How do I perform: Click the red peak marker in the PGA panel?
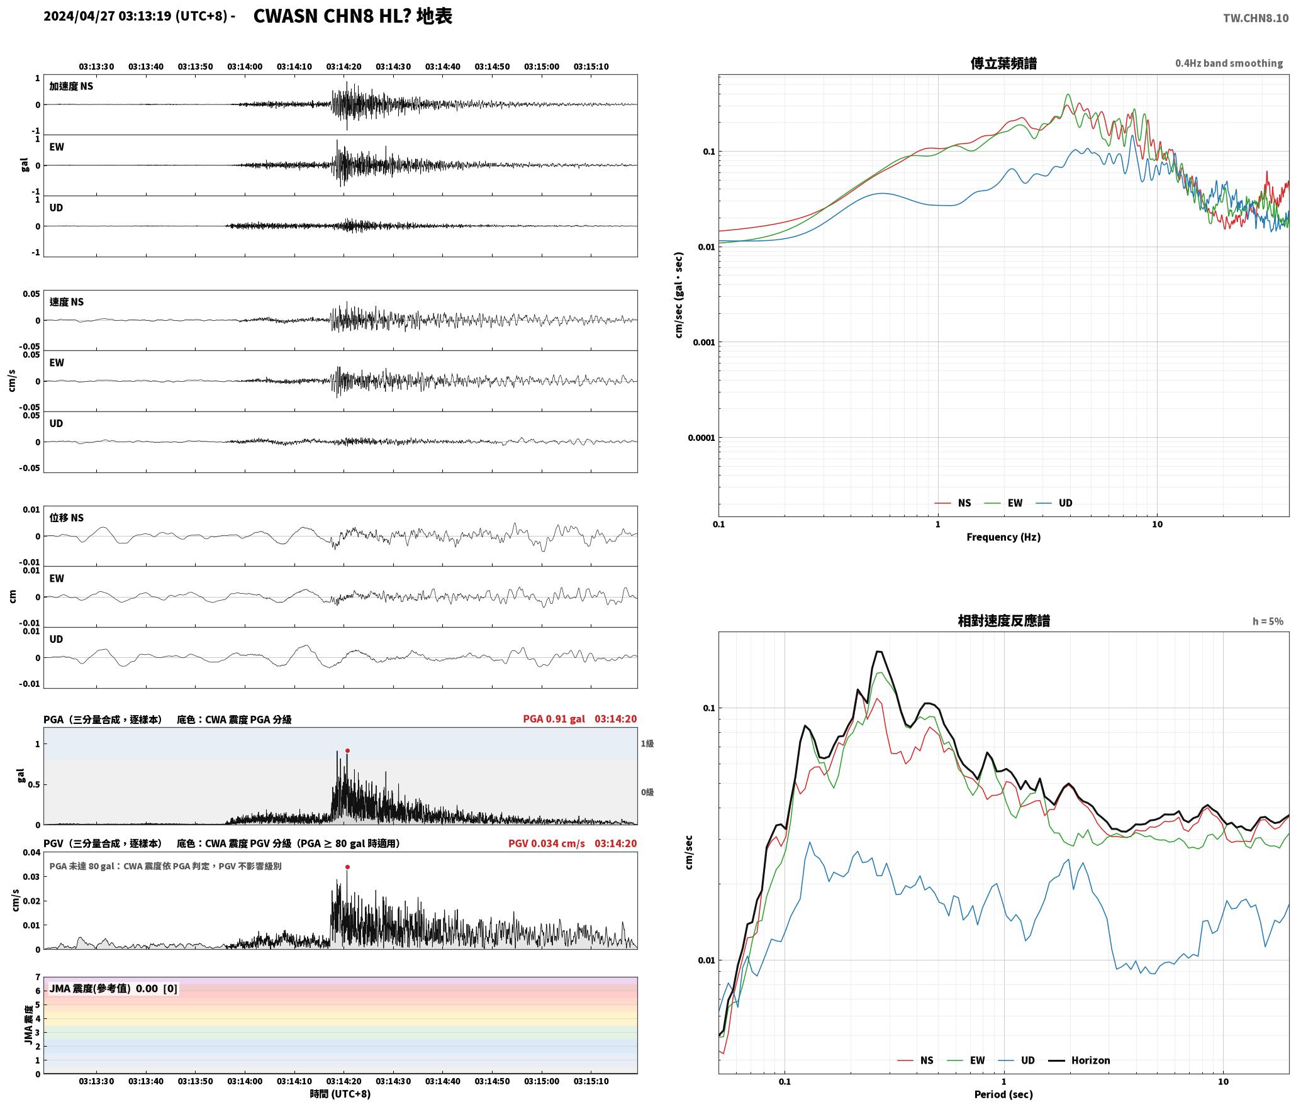click(x=347, y=750)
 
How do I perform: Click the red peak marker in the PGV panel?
click(x=347, y=867)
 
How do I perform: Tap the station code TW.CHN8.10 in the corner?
click(x=1256, y=18)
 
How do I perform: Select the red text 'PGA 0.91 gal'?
click(x=554, y=718)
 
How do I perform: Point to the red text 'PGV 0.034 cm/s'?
click(x=546, y=843)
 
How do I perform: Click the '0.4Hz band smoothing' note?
click(x=1229, y=63)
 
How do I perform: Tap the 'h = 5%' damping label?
click(x=1268, y=621)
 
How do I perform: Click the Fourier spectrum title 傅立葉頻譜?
click(x=1003, y=63)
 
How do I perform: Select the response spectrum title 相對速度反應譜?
click(x=1003, y=620)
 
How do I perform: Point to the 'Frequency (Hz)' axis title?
click(x=1003, y=537)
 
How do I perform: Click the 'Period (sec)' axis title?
click(x=1003, y=1094)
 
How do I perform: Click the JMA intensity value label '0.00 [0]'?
click(x=157, y=988)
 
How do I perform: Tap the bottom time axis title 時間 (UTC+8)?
click(x=340, y=1093)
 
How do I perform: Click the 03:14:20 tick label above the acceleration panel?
click(x=344, y=66)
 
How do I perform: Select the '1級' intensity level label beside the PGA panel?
click(x=647, y=743)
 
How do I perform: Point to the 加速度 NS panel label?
click(x=71, y=86)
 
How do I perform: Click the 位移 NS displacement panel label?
click(x=67, y=518)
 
